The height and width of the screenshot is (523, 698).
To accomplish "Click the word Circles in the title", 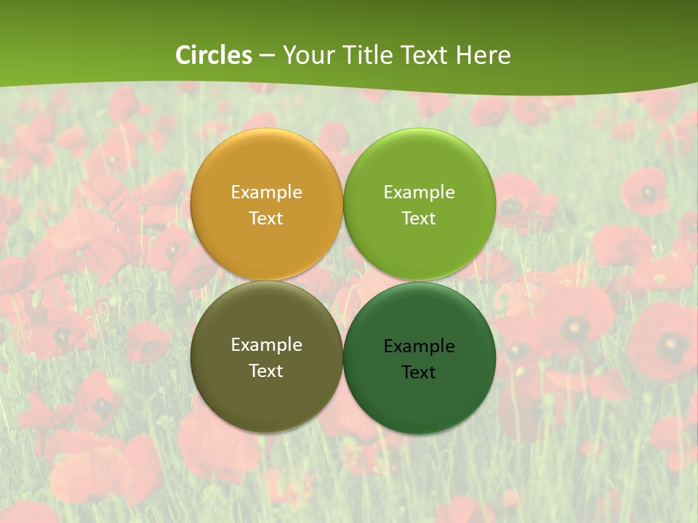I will [x=214, y=55].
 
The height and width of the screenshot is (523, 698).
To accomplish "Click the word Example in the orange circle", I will [x=266, y=192].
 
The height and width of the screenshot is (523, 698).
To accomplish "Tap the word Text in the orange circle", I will [x=266, y=219].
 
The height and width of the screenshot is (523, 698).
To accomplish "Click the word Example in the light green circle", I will [x=419, y=192].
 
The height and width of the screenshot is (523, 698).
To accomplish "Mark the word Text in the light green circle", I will [x=419, y=219].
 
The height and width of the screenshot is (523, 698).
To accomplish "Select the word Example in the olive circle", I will [x=266, y=345].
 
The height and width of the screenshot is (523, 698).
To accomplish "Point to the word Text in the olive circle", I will [x=266, y=371].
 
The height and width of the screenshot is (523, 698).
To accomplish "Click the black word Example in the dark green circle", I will [x=419, y=346].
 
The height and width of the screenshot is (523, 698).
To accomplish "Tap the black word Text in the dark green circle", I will [x=419, y=373].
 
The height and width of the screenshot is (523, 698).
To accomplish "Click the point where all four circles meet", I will [x=342, y=281].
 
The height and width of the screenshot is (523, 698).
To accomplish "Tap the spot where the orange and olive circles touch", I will [x=266, y=280].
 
